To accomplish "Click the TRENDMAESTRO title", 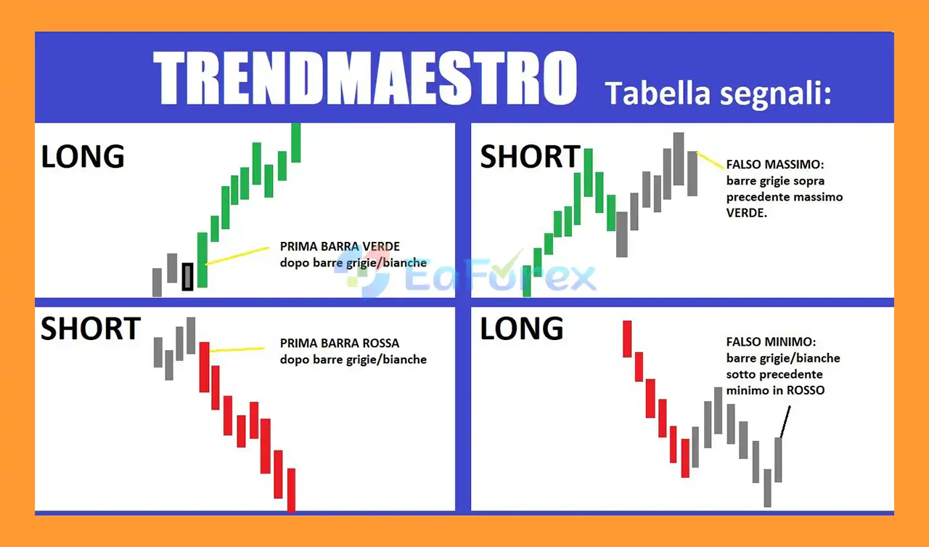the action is (365, 78).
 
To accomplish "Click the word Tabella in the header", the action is (658, 94).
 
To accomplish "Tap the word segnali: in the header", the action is (776, 94).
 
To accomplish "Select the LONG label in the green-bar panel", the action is (83, 156).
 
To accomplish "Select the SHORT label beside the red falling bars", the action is (91, 328).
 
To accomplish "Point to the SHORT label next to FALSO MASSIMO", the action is (530, 156).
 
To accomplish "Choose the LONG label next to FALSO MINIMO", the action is (522, 328).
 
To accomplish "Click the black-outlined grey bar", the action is (187, 277).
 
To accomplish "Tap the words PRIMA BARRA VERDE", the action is (340, 246).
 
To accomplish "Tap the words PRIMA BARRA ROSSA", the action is (340, 343).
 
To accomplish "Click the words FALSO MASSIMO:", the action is (775, 164).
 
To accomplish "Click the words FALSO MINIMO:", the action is (771, 342).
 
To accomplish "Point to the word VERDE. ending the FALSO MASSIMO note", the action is (747, 213).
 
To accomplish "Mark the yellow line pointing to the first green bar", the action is (237, 256).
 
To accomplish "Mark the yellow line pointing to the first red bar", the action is (237, 350).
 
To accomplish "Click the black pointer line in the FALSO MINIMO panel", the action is (785, 421).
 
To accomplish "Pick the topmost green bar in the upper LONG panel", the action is (295, 143).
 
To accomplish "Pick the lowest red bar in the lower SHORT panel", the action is (292, 490).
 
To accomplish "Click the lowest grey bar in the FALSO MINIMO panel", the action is (768, 488).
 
